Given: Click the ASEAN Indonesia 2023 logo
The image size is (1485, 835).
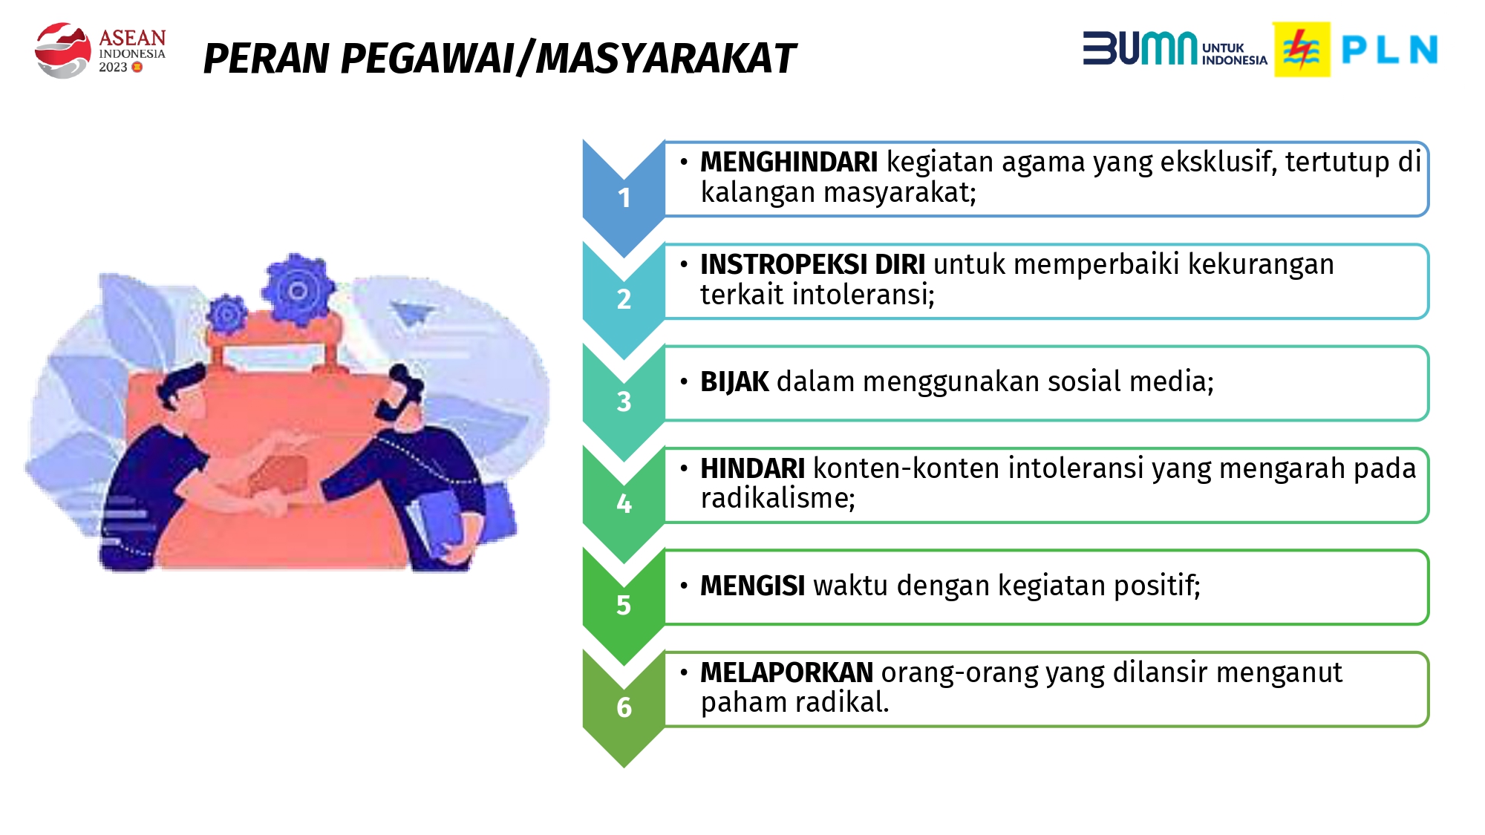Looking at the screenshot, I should (99, 50).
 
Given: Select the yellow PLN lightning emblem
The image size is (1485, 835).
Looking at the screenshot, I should (1302, 50).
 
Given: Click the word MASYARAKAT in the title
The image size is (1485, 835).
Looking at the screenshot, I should (665, 59).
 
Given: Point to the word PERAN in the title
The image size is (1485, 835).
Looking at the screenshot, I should (266, 59).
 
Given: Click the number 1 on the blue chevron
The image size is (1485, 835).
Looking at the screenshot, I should (624, 197).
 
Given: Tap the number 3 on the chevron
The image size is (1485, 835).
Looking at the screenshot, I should (624, 402).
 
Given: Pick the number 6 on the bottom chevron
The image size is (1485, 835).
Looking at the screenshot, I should (624, 707).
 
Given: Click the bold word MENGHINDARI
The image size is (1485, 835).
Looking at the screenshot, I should (789, 162).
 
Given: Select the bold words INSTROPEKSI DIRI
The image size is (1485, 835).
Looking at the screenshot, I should (812, 264).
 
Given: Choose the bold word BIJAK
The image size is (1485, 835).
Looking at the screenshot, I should (734, 382).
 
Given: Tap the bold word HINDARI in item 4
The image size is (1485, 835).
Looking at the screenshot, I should (752, 468).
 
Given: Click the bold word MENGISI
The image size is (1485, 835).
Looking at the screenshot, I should (752, 586).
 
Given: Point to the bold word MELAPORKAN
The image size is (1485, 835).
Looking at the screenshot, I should (786, 672).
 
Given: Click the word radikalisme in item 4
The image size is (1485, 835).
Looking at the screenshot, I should (777, 498).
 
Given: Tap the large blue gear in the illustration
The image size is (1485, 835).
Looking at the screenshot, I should (297, 290).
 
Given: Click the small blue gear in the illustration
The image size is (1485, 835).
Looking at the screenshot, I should (226, 315).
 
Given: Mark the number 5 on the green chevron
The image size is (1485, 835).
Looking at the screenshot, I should (624, 605).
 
